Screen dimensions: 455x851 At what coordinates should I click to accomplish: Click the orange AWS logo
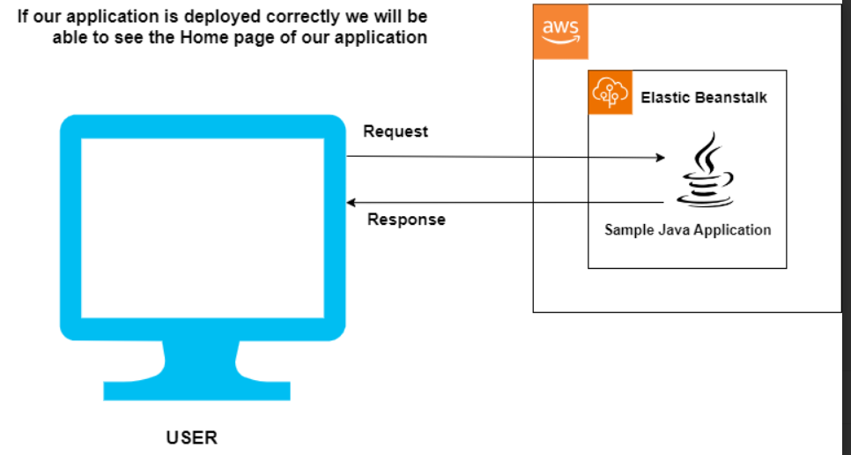(x=560, y=32)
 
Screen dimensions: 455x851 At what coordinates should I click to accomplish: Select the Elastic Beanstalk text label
(x=703, y=97)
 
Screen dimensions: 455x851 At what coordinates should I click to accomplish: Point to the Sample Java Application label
(x=687, y=230)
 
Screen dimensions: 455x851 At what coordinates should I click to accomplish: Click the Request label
(x=396, y=131)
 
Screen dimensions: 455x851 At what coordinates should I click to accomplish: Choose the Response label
(x=406, y=220)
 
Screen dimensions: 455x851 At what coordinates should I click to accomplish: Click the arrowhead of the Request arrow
(x=661, y=159)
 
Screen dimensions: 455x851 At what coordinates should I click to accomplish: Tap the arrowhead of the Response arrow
(x=351, y=202)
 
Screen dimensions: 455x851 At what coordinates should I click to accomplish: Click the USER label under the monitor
(x=191, y=437)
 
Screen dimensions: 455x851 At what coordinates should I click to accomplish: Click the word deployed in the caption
(x=218, y=17)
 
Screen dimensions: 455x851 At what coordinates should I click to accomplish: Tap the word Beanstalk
(x=731, y=97)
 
